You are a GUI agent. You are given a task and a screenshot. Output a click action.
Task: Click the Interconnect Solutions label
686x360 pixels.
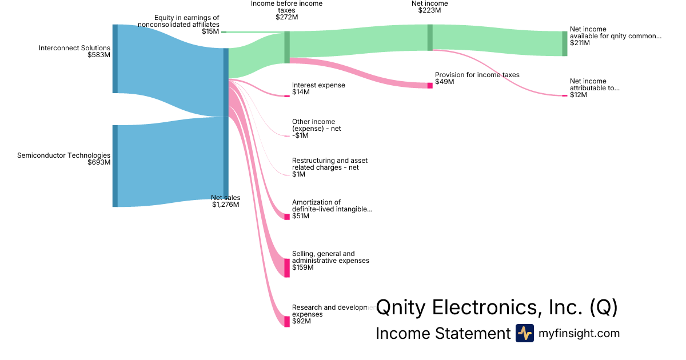pyautogui.click(x=74, y=48)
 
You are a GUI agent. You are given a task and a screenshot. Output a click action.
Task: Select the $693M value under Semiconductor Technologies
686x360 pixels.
pyautogui.click(x=99, y=162)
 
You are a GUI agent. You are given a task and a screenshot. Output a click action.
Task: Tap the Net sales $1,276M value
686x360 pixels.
pyautogui.click(x=225, y=205)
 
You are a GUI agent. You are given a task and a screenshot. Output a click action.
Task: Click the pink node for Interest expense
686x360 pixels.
pyautogui.click(x=287, y=95)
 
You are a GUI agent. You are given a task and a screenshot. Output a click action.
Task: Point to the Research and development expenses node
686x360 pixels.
pyautogui.click(x=287, y=321)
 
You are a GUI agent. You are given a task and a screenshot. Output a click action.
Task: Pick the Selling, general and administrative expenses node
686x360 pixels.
pyautogui.click(x=287, y=268)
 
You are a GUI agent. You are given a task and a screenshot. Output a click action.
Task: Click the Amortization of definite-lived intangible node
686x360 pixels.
pyautogui.click(x=287, y=217)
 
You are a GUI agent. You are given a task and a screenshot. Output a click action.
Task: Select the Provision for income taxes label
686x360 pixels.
pyautogui.click(x=477, y=75)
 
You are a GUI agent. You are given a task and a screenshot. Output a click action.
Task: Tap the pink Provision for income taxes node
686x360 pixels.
pyautogui.click(x=430, y=86)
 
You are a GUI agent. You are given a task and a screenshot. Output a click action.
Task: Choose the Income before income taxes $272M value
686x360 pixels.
pyautogui.click(x=286, y=17)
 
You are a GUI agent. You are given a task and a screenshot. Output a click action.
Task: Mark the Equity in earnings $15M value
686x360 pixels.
pyautogui.click(x=210, y=31)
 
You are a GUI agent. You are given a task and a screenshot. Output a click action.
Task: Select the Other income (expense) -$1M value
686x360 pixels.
pyautogui.click(x=300, y=135)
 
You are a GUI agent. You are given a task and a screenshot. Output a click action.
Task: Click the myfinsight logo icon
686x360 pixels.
pyautogui.click(x=524, y=333)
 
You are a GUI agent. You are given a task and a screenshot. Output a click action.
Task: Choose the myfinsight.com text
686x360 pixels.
pyautogui.click(x=579, y=333)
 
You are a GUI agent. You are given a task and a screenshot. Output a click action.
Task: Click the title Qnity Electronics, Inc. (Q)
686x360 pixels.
pyautogui.click(x=496, y=307)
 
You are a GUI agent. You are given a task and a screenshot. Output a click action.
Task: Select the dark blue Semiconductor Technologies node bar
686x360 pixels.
pyautogui.click(x=115, y=166)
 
